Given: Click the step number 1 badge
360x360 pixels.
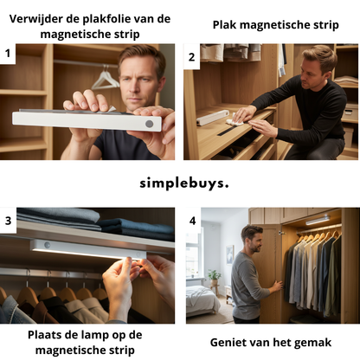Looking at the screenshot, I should (x=9, y=55).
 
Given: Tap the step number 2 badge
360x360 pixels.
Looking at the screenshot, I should (x=192, y=56).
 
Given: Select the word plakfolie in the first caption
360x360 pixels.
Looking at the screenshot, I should (x=117, y=19).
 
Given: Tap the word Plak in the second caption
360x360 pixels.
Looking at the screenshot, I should (x=227, y=25).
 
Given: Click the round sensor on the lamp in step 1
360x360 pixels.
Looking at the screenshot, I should (x=149, y=124).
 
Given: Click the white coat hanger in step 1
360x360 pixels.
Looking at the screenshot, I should (x=105, y=80).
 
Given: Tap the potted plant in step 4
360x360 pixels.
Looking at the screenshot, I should (x=214, y=278).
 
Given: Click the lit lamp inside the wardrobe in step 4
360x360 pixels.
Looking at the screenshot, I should (x=318, y=221).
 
